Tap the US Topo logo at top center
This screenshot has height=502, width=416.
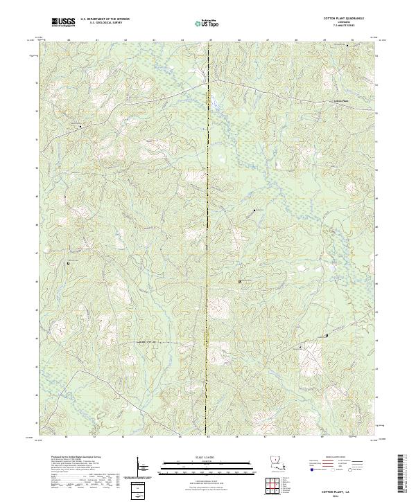pyautogui.click(x=209, y=23)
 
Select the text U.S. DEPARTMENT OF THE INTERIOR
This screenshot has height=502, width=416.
pyautogui.click(x=104, y=19)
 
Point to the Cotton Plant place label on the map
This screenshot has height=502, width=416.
pyautogui.click(x=337, y=99)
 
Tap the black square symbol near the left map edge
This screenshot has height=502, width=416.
pyautogui.click(x=69, y=264)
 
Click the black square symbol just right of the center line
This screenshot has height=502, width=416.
pyautogui.click(x=239, y=281)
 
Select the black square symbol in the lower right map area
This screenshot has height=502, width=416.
pyautogui.click(x=327, y=336)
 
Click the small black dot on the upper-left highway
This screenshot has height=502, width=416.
pyautogui.click(x=80, y=127)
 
